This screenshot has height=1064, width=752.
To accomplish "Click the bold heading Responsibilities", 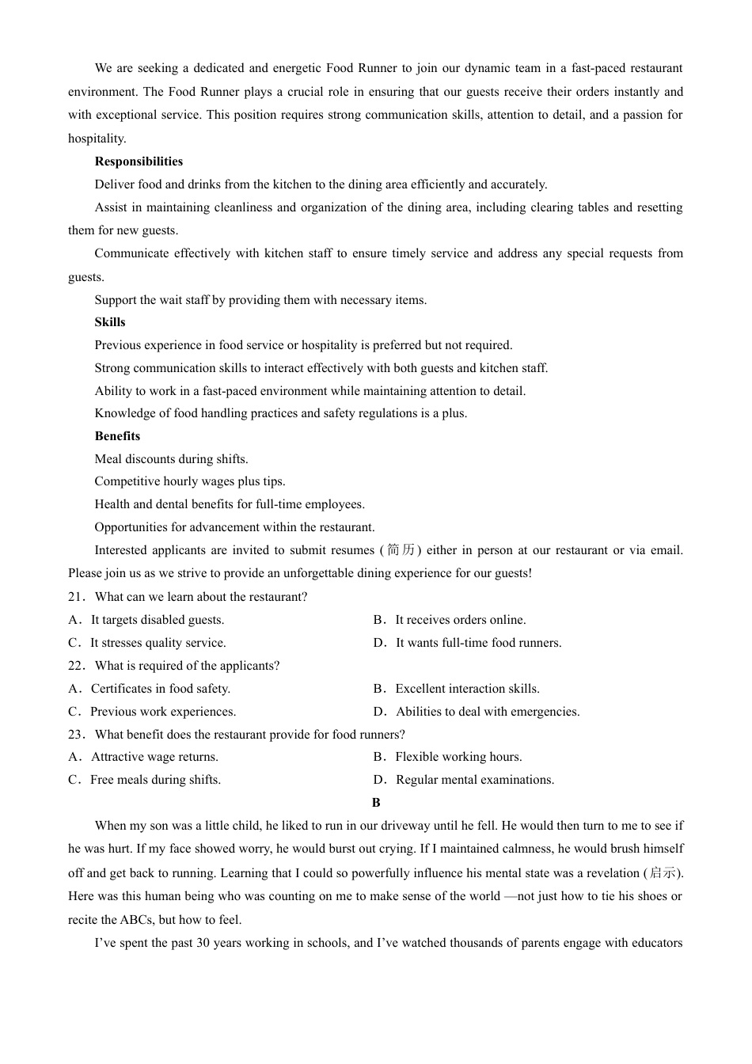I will point(139,161).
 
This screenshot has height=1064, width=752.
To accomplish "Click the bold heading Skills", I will point(110,322).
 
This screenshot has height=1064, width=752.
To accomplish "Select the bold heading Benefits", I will point(117,436).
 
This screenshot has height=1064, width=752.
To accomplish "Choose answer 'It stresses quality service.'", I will point(158,643).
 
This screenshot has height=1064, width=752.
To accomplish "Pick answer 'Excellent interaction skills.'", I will point(467,689).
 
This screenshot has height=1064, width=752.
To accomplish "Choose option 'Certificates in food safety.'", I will point(160,689).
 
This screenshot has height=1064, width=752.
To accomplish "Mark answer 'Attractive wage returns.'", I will point(154,757).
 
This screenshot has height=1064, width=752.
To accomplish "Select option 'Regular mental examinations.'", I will point(475,780).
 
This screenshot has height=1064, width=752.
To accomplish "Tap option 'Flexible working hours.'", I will point(458,757).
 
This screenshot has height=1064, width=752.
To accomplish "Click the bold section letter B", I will point(376,803).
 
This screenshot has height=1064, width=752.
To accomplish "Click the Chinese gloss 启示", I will point(663,873).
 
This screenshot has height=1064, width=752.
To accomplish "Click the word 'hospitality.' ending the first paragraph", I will point(97,139).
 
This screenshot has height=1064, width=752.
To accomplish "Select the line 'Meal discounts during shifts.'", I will point(171,459).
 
